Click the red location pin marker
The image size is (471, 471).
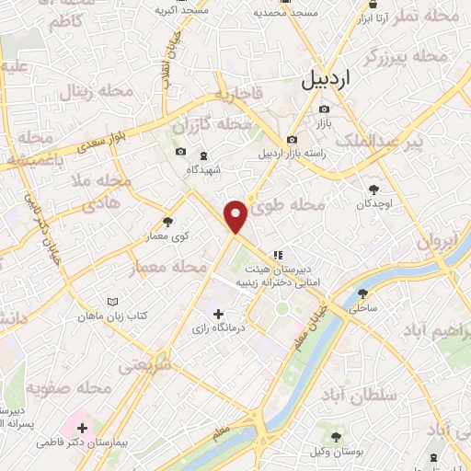(236, 215)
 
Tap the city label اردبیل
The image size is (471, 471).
(326, 80)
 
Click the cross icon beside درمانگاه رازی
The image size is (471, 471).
(218, 315)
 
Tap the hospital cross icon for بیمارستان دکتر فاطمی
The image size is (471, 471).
(83, 428)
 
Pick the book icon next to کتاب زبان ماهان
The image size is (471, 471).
(112, 302)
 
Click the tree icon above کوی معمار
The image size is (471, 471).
(167, 222)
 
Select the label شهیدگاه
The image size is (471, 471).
(204, 169)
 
